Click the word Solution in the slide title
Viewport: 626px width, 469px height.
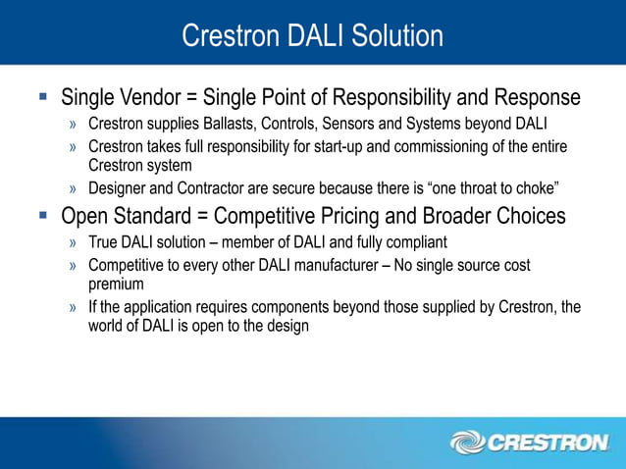[x=396, y=36]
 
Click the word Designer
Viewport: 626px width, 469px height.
[x=118, y=188]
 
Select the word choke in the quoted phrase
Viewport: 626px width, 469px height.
[x=538, y=188]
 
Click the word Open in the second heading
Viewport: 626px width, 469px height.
[x=85, y=216]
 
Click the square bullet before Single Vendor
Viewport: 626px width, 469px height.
[x=42, y=99]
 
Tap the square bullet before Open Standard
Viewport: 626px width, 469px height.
[x=42, y=216]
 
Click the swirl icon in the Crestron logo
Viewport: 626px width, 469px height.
[x=467, y=443]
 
